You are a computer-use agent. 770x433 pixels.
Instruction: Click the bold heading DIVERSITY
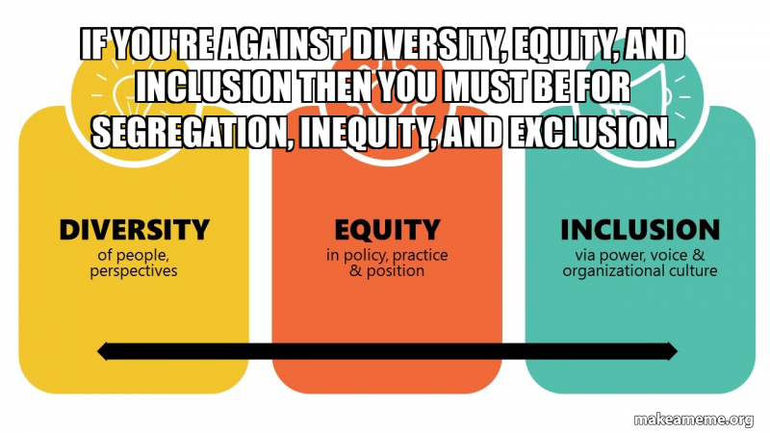point(134,230)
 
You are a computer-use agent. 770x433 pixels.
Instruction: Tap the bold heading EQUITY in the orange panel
point(387,230)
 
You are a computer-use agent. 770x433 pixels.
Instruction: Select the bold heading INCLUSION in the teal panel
point(640,230)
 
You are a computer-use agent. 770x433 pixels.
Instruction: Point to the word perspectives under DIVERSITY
point(134,271)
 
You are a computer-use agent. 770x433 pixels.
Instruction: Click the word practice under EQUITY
point(421,256)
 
